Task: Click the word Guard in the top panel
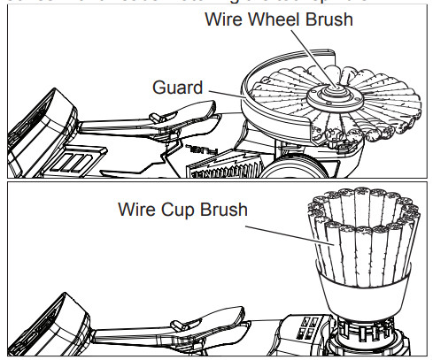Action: [x=176, y=88]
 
